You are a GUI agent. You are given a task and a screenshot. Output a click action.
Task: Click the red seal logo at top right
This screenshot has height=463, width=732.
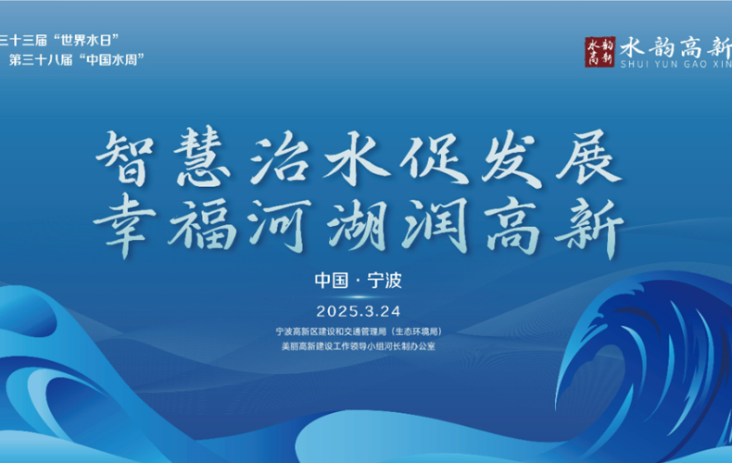click(x=599, y=51)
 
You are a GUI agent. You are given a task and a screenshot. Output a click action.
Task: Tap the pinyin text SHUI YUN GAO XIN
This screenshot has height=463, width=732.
click(x=675, y=65)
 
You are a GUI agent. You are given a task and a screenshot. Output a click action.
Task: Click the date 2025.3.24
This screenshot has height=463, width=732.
click(x=358, y=309)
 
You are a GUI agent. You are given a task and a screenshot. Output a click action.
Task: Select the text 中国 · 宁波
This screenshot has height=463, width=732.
click(x=358, y=280)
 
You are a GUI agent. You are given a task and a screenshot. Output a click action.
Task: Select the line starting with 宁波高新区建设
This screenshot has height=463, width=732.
click(x=358, y=331)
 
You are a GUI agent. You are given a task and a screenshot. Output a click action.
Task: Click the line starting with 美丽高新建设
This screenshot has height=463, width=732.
click(x=358, y=346)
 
